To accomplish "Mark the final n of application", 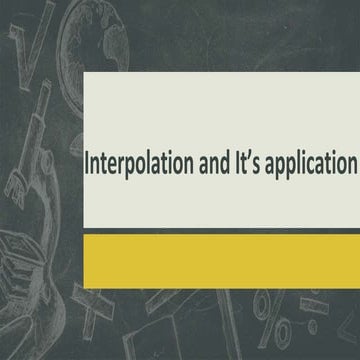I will coord(353,165).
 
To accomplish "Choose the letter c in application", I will coord(317,165).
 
